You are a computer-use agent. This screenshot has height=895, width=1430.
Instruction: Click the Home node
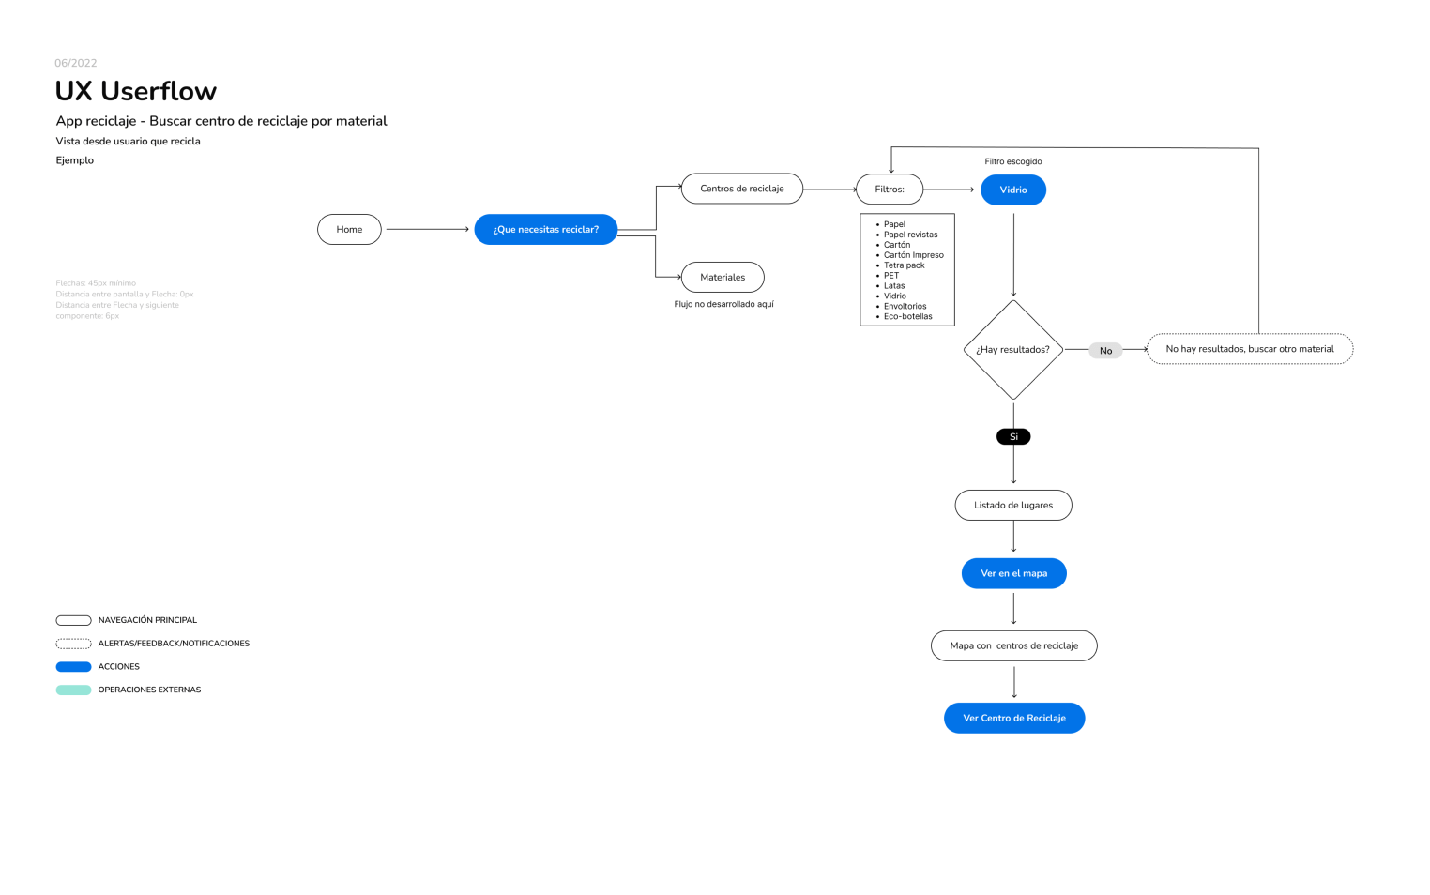click(349, 230)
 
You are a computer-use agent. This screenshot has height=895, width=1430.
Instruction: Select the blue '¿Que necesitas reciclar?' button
click(545, 230)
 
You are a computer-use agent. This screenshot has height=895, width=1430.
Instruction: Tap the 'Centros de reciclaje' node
click(741, 189)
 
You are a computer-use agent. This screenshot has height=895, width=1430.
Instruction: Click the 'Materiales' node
click(723, 278)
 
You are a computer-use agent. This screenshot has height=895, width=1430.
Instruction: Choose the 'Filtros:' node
click(889, 190)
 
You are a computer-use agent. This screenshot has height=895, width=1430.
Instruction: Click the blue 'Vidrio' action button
click(1013, 190)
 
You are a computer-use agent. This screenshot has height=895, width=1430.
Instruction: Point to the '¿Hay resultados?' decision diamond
click(1013, 350)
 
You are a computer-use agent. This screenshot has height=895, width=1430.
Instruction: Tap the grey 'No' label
click(1105, 351)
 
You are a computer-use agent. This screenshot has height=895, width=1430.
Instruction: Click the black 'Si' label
click(1013, 437)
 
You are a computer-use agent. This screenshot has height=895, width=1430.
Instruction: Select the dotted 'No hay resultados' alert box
click(1249, 349)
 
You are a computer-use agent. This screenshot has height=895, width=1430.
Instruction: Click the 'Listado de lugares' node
click(1013, 506)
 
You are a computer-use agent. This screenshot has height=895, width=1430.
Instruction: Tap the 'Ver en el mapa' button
click(1013, 574)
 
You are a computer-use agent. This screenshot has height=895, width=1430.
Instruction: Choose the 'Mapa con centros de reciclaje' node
click(1013, 646)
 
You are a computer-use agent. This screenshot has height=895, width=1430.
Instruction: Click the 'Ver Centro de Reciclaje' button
click(1013, 719)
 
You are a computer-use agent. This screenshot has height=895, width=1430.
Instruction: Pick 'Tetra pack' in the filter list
click(904, 265)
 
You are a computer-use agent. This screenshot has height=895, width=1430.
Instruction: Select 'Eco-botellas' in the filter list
click(907, 317)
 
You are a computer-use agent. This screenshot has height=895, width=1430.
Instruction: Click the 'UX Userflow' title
click(136, 91)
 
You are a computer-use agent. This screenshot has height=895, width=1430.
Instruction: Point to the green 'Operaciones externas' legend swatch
click(73, 690)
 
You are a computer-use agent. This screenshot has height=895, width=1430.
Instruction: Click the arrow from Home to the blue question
click(427, 230)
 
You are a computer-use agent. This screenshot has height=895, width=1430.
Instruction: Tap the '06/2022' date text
click(76, 63)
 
